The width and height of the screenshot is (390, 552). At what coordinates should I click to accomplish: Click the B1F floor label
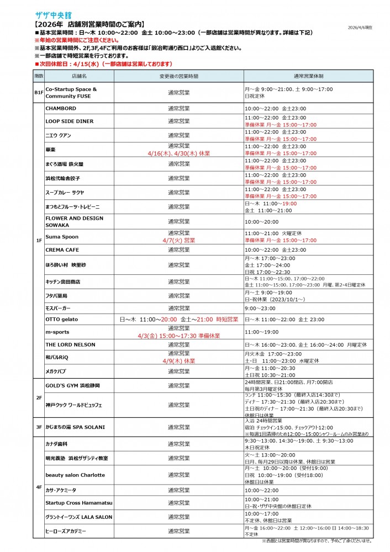tap(39, 92)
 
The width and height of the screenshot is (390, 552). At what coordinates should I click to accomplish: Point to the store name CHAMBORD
tap(61, 109)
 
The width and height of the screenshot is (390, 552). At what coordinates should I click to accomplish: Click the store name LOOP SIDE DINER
tap(70, 121)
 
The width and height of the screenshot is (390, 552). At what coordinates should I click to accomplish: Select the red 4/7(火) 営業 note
tap(179, 241)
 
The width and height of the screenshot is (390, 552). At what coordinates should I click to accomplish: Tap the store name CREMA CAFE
tap(63, 250)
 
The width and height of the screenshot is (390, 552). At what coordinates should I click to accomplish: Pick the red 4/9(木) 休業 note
tap(179, 361)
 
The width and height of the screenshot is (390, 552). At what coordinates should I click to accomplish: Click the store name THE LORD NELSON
tap(70, 344)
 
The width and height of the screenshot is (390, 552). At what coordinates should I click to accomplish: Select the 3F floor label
tap(39, 427)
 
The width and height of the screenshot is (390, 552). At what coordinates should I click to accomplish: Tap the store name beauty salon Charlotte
tap(75, 475)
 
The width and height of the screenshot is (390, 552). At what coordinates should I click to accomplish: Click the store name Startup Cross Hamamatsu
tap(79, 503)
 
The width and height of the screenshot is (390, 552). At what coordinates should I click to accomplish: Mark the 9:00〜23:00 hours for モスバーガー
tap(259, 308)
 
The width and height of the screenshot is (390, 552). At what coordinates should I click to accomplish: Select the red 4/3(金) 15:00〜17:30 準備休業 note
tap(179, 335)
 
